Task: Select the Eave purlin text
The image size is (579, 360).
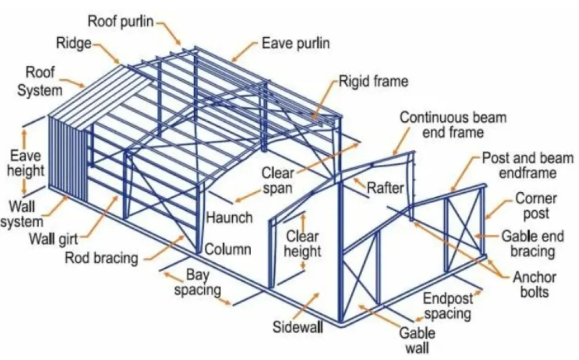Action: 295,43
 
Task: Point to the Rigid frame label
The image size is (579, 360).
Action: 374,82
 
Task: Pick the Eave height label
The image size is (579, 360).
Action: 25,163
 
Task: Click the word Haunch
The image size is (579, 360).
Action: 229,217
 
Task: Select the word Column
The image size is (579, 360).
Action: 228,250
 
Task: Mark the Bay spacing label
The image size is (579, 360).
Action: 198,281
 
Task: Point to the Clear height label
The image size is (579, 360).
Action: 303,244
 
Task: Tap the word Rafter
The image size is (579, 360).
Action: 385,188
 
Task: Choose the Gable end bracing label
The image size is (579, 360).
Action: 528,244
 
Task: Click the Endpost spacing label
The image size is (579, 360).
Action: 448,306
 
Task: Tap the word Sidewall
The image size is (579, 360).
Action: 298,327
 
